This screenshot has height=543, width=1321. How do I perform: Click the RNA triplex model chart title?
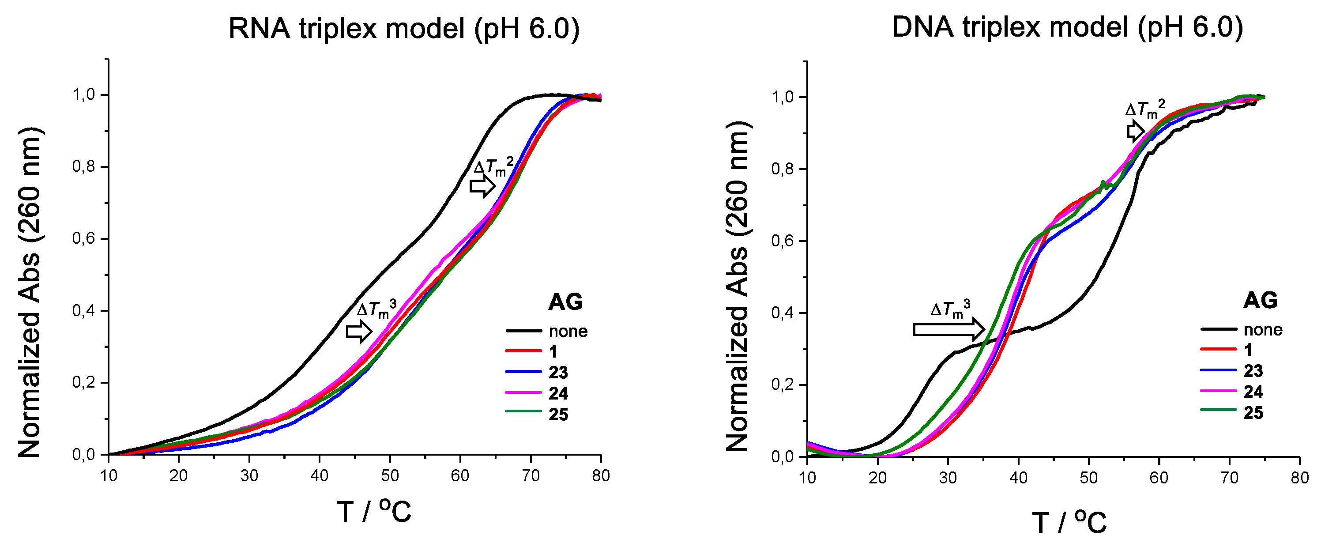pyautogui.click(x=403, y=28)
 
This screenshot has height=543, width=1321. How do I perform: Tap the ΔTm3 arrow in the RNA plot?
pyautogui.click(x=359, y=331)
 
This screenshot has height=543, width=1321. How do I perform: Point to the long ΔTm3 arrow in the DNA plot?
pyautogui.click(x=948, y=329)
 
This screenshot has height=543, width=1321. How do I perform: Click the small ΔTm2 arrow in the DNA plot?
pyautogui.click(x=1135, y=131)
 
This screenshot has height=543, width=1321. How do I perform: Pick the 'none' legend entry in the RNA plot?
pyautogui.click(x=568, y=331)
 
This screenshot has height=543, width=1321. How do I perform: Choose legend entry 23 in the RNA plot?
pyautogui.click(x=558, y=372)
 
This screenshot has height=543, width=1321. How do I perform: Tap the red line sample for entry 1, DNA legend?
pyautogui.click(x=1219, y=349)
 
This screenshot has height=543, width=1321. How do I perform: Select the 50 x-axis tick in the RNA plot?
pyautogui.click(x=390, y=476)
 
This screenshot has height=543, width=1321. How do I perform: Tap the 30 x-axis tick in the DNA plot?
pyautogui.click(x=948, y=478)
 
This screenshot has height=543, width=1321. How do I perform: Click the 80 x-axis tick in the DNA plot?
pyautogui.click(x=1299, y=478)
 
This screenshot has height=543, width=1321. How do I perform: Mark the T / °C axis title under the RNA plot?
pyautogui.click(x=374, y=511)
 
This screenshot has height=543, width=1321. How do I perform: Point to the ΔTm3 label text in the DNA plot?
pyautogui.click(x=950, y=310)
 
